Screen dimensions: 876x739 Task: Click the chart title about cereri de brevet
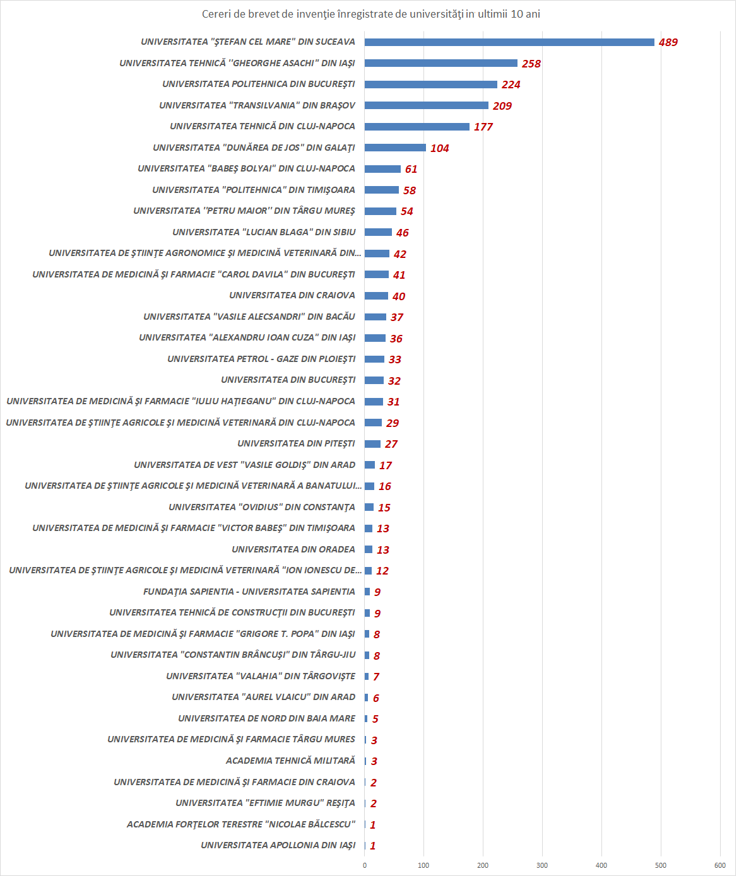(x=370, y=14)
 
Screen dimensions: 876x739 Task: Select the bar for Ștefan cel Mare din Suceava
(x=509, y=42)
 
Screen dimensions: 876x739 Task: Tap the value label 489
(x=668, y=43)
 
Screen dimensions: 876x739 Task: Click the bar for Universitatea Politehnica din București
(x=431, y=85)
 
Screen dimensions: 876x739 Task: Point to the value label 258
(x=531, y=64)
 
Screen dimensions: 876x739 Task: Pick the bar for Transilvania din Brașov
(x=427, y=105)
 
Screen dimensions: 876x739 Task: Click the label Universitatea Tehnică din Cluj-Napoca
(x=263, y=126)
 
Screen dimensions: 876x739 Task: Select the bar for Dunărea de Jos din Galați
(x=395, y=148)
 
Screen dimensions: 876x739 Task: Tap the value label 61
(x=411, y=169)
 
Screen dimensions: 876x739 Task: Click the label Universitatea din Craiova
(x=292, y=295)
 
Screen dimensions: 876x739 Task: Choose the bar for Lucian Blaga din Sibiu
(x=378, y=232)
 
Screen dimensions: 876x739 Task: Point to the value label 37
(x=396, y=317)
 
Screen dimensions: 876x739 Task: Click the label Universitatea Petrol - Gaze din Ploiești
(x=261, y=359)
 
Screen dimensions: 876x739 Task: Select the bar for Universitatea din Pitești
(x=372, y=444)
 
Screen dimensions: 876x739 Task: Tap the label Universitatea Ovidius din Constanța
(x=262, y=507)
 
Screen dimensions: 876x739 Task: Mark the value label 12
(x=382, y=571)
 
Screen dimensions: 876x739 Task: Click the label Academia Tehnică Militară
(x=290, y=761)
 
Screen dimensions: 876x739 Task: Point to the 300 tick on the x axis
(x=542, y=865)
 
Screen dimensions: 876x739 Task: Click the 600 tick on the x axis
(x=720, y=865)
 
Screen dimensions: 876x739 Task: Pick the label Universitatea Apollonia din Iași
(x=278, y=845)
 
